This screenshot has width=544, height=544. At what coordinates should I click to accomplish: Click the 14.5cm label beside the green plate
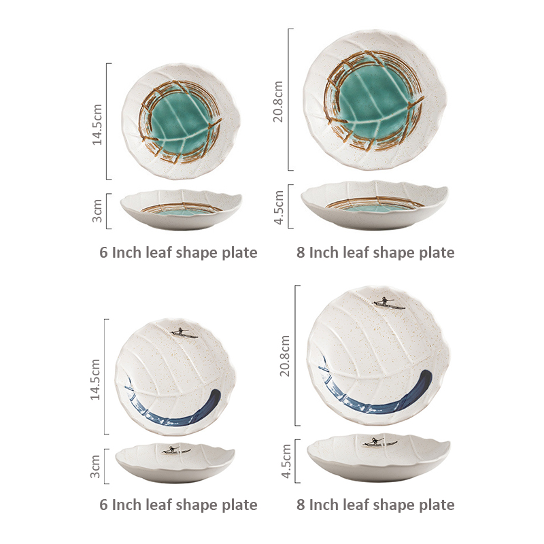point(97,124)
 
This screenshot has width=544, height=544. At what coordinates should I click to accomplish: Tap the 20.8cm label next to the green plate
point(278,101)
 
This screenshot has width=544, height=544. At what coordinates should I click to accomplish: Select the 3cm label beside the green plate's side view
point(97,211)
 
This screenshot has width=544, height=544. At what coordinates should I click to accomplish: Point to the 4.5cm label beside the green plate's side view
point(279,207)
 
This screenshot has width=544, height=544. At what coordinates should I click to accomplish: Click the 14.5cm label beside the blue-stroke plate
point(95,379)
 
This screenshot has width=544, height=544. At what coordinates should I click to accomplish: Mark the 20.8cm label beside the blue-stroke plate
point(285,356)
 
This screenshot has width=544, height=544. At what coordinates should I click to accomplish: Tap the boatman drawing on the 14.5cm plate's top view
point(184,333)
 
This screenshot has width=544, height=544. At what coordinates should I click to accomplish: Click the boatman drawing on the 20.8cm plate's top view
point(388,303)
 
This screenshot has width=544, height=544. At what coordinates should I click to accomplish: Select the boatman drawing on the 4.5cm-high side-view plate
point(380,442)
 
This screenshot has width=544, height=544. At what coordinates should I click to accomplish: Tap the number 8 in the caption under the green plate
point(301,252)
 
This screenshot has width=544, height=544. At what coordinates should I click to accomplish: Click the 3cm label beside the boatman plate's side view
point(95,466)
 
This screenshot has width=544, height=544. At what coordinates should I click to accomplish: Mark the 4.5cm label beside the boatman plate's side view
point(286,461)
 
